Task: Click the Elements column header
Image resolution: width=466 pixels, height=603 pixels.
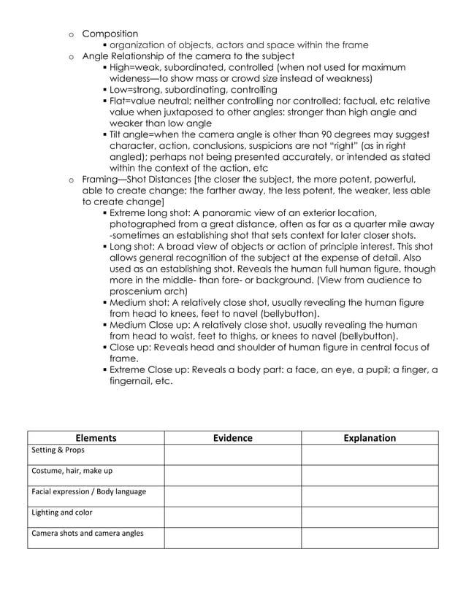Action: [96, 438]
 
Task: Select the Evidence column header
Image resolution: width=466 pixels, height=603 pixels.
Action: [232, 438]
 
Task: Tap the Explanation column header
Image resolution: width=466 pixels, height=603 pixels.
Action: [370, 438]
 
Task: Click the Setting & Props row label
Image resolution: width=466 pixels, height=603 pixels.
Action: [58, 450]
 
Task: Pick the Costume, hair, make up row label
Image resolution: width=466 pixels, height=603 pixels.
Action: [72, 470]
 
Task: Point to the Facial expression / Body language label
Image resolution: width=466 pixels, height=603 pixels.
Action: [88, 491]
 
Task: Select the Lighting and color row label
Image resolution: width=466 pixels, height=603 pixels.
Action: [62, 512]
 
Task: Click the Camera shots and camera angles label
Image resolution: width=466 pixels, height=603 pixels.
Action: [88, 533]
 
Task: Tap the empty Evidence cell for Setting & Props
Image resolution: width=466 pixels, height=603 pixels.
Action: [232, 454]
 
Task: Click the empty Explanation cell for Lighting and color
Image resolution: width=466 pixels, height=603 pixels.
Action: [370, 516]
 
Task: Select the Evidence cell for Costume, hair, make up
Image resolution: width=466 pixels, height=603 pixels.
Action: [232, 475]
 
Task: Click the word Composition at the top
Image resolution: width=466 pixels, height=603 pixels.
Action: [110, 34]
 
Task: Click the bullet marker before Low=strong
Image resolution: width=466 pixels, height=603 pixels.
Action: [104, 90]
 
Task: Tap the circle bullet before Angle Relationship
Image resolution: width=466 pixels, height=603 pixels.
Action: [71, 56]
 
